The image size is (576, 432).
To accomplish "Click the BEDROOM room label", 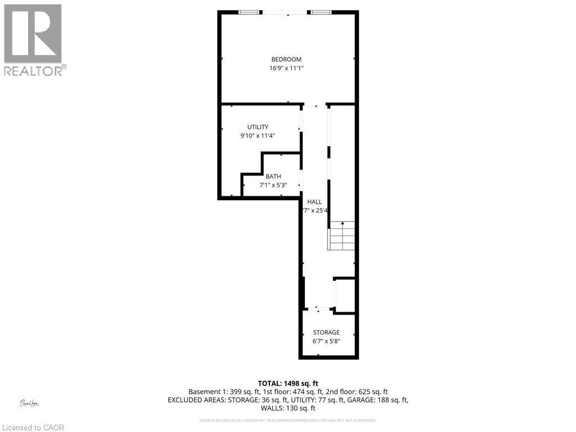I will [286, 59].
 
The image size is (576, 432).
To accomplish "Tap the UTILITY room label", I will [258, 127].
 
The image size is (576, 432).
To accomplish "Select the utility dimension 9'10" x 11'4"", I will [258, 136].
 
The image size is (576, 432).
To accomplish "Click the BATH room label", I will [273, 176].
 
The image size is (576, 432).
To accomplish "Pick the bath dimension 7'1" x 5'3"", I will [273, 184].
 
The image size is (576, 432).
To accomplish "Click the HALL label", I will [314, 201].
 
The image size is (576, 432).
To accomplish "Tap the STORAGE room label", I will [326, 332].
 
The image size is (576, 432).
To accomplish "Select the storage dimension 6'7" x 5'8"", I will [326, 341].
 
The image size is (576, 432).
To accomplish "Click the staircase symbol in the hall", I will [342, 236].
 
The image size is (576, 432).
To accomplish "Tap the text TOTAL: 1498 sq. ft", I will [288, 383].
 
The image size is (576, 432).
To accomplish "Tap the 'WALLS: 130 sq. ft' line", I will [288, 408].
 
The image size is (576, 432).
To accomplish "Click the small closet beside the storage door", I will [345, 294].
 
